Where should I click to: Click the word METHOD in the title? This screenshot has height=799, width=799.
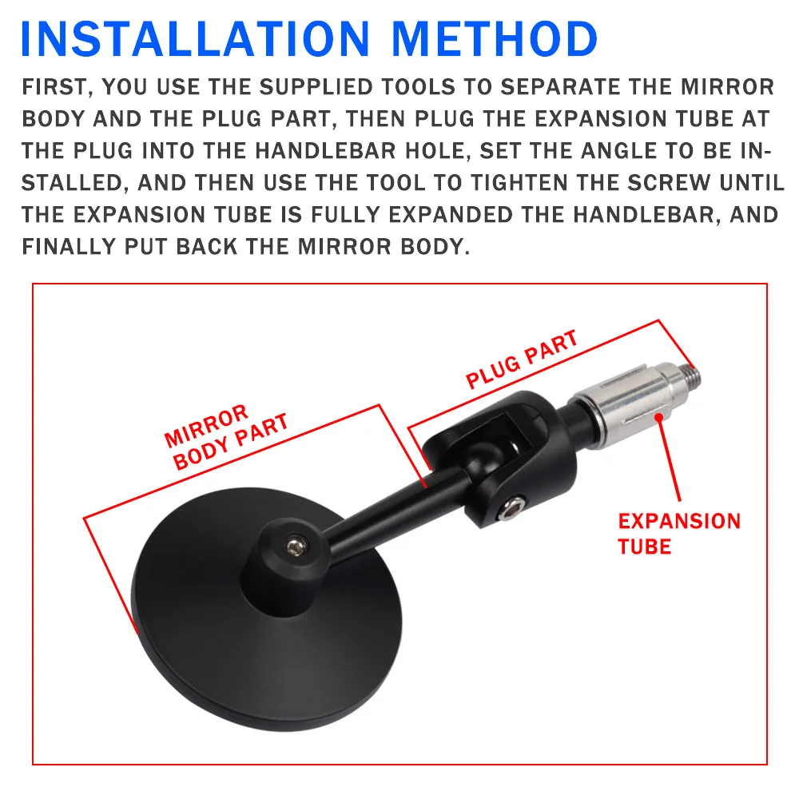pyautogui.click(x=496, y=38)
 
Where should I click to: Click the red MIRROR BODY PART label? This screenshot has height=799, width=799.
pyautogui.click(x=225, y=437)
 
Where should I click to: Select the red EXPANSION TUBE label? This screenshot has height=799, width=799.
pyautogui.click(x=679, y=533)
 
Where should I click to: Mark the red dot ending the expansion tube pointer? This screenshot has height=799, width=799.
pyautogui.click(x=658, y=415)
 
